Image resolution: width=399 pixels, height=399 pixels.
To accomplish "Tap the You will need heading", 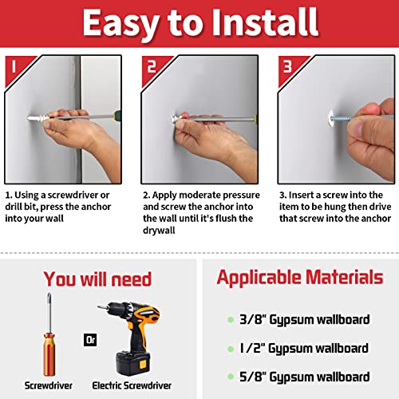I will (x=97, y=279).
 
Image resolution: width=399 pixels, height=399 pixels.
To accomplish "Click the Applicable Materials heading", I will (x=299, y=278).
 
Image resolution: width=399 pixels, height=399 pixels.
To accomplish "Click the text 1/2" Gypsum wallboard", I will (x=304, y=348).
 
